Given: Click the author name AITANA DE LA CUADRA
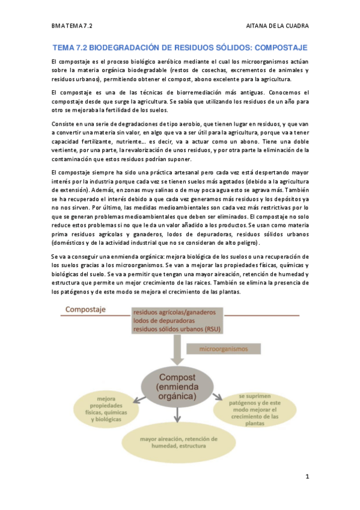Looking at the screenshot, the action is coord(278,26).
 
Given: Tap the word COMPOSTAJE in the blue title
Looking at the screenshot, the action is coord(278,47).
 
